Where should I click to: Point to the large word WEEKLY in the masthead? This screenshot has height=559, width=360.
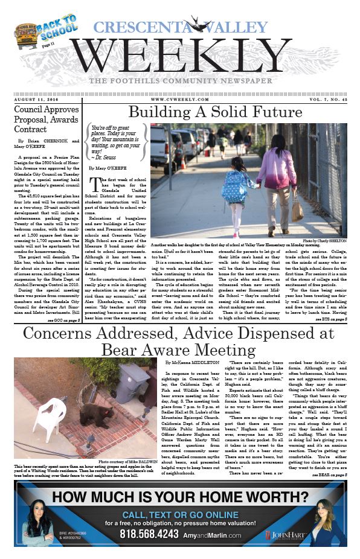click(x=181, y=56)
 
